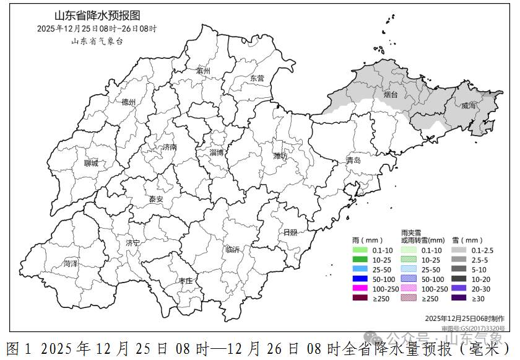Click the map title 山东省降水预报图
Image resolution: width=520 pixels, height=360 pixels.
point(97,16)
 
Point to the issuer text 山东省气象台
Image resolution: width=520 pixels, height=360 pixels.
point(97,41)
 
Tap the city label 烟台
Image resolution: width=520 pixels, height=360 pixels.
point(391,94)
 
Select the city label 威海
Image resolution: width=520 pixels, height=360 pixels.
point(469,106)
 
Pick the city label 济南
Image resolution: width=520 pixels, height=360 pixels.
point(170,147)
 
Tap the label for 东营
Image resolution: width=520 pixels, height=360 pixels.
point(256,78)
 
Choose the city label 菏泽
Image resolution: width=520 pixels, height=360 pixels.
point(71,263)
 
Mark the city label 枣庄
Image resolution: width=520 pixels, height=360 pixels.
point(186,280)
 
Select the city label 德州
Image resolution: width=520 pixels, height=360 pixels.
point(129,102)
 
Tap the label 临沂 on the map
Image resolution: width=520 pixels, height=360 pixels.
point(233,248)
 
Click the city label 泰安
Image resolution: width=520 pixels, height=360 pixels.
point(155,199)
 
